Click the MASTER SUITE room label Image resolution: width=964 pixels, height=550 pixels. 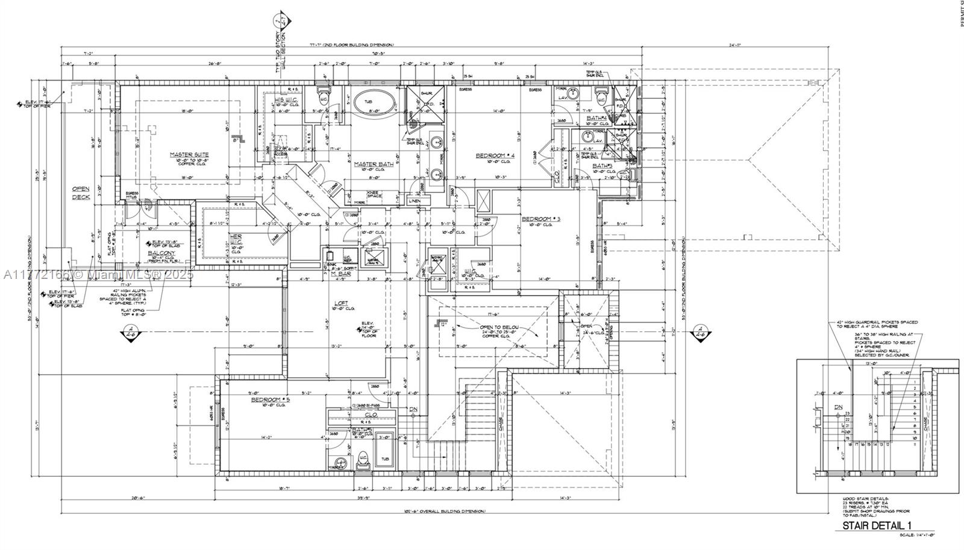[189, 155]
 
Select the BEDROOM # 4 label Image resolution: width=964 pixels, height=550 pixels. [493, 156]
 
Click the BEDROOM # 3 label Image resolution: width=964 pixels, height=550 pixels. [540, 219]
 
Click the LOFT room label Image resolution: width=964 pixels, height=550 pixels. [340, 303]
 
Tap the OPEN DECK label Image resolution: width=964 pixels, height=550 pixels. [81, 193]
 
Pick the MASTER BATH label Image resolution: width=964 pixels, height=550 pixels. [373, 164]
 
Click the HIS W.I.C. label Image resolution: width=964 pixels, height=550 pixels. [284, 100]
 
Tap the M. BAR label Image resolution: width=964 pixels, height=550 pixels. [340, 275]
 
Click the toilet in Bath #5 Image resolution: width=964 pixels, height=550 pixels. [363, 459]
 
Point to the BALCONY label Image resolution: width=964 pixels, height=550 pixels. [161, 253]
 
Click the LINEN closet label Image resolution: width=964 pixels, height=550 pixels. [414, 201]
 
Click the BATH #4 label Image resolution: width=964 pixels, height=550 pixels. [597, 118]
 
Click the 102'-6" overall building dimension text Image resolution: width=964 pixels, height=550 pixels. [446, 511]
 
